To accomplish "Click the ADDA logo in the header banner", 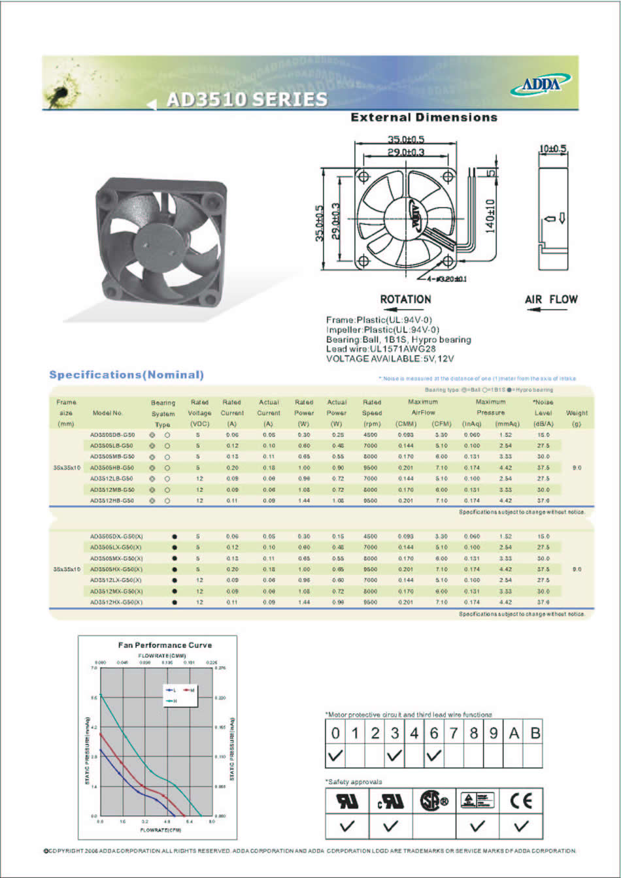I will click(545, 84).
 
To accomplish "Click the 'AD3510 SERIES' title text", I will click(246, 100).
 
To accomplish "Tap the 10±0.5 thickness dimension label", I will click(552, 148).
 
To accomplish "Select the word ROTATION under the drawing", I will click(405, 299).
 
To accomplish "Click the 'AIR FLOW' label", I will click(551, 299).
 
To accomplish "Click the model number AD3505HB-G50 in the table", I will click(112, 467).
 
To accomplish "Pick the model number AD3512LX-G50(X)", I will click(116, 579).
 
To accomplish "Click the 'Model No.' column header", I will click(108, 413).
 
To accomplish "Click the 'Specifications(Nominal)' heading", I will click(127, 375).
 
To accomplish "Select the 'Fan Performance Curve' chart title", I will click(165, 645).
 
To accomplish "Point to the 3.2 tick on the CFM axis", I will click(145, 821).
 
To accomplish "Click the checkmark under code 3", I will click(394, 756).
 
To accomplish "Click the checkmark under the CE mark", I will click(521, 826).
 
